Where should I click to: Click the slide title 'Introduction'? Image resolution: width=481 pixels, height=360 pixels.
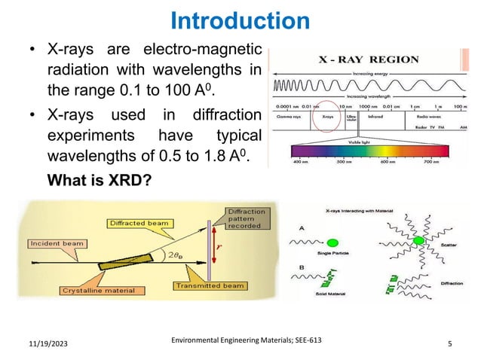point(240,20)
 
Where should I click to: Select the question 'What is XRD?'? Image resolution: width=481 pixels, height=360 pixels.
point(97,182)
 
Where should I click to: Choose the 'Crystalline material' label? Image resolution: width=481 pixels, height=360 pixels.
point(93,289)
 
